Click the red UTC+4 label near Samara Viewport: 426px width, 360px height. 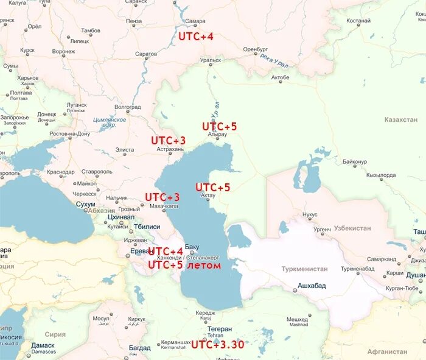195,37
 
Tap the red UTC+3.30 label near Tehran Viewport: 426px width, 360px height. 217,345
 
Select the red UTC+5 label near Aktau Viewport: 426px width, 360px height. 212,187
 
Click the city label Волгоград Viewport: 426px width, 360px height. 128,107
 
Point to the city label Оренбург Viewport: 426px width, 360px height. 255,49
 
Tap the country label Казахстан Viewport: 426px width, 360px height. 401,120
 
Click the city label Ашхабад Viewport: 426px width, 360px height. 312,285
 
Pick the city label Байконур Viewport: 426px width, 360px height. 355,162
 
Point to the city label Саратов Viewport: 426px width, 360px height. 146,54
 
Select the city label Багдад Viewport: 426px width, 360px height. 139,347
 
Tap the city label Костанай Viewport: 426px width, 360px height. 358,21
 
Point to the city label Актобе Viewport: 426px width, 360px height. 280,77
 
